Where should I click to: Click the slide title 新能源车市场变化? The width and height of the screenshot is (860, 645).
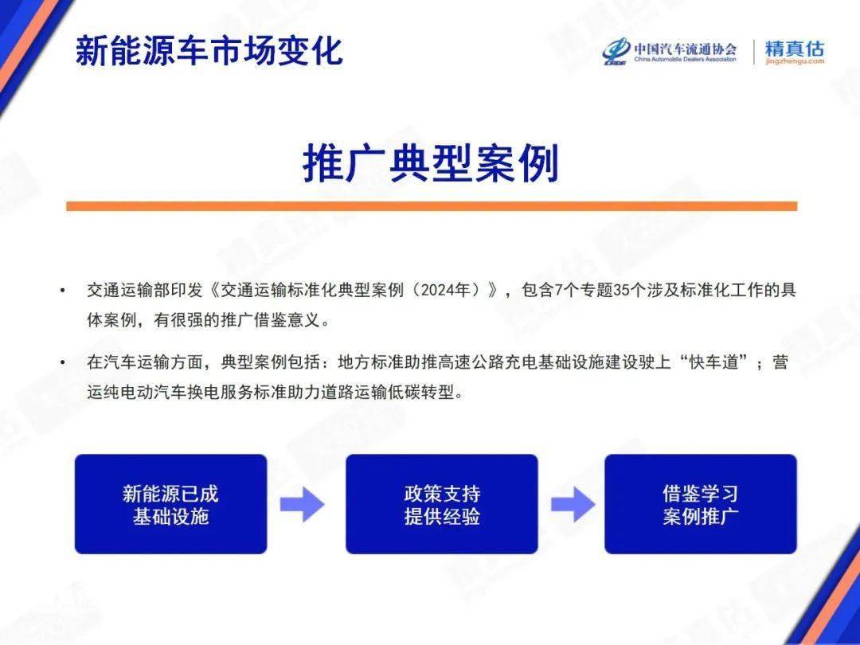pos(209,51)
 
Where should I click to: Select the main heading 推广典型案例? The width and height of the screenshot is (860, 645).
pos(431,163)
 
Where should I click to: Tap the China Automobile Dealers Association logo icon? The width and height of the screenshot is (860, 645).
pos(616,52)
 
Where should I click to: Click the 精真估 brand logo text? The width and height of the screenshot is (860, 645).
pos(794,48)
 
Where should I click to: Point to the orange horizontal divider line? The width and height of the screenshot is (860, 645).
pos(432,206)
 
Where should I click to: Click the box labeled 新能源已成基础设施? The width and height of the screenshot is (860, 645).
pos(170,504)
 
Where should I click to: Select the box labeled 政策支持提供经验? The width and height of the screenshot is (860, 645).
pos(441,504)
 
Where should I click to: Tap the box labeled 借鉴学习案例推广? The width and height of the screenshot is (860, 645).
pos(701,504)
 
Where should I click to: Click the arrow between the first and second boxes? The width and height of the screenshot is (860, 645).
pos(303,505)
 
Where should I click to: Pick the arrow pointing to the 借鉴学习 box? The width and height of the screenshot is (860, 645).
pos(573,505)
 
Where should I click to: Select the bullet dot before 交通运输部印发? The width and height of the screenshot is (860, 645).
pos(63,290)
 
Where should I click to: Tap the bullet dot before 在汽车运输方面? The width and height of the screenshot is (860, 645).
pos(63,362)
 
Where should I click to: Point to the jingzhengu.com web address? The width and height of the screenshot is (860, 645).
pos(795,61)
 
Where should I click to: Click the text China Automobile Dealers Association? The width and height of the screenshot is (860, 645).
pos(685,59)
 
